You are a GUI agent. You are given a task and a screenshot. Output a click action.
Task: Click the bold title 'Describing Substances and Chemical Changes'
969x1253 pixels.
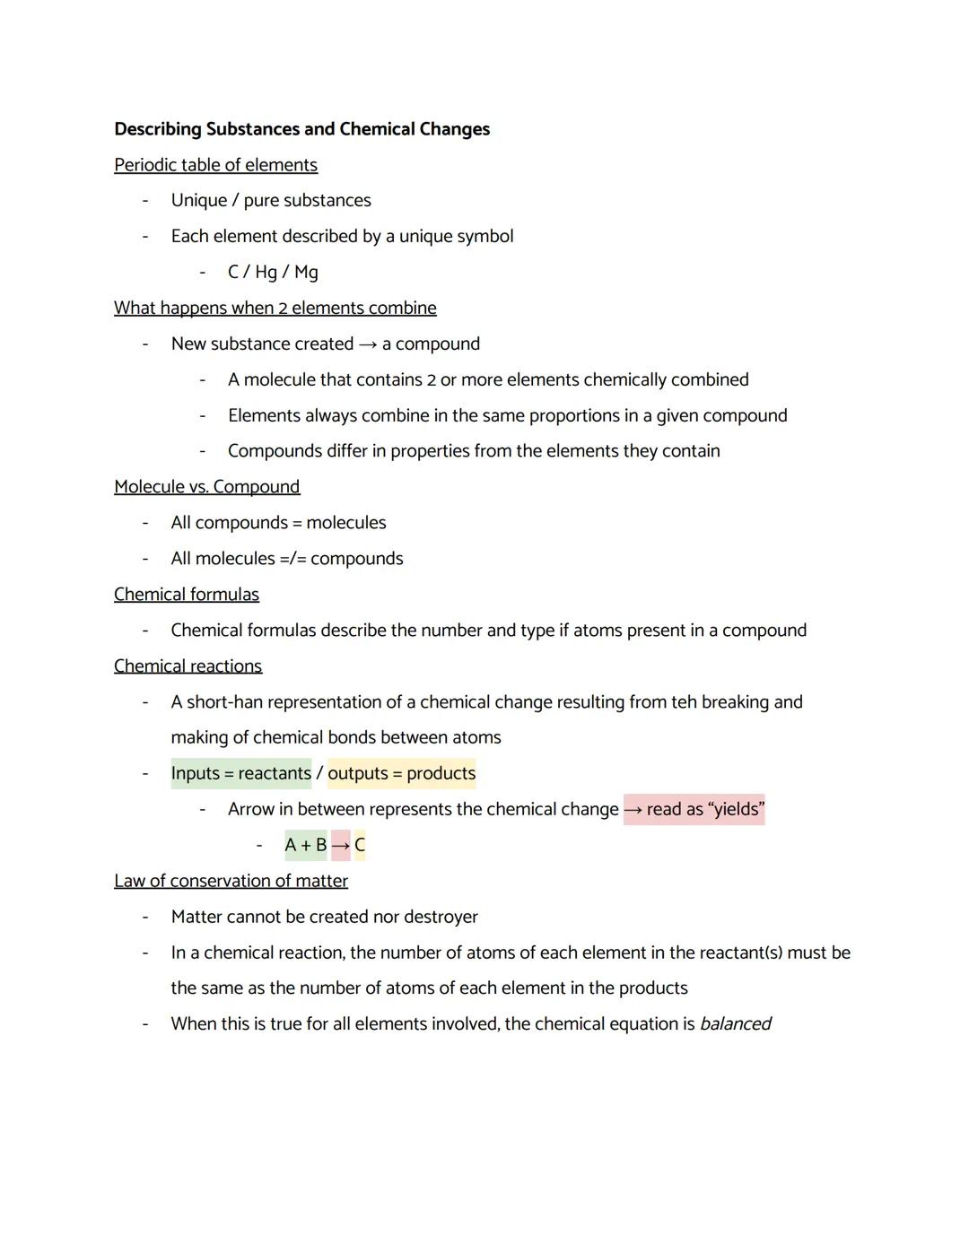[301, 129]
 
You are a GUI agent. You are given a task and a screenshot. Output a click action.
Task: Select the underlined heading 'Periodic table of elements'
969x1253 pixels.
[215, 165]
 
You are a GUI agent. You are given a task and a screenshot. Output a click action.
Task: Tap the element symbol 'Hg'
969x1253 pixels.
[266, 273]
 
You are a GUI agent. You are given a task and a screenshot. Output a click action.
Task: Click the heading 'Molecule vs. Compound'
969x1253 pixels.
[206, 487]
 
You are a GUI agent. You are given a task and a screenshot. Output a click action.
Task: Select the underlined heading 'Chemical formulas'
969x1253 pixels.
[186, 595]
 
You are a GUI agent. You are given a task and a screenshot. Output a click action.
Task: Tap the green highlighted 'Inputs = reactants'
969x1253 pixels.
[240, 773]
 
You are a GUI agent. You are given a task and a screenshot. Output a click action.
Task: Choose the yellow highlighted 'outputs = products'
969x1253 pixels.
[401, 773]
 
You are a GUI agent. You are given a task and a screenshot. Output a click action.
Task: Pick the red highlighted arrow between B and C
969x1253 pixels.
[340, 845]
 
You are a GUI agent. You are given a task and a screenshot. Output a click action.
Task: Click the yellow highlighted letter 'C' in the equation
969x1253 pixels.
[360, 845]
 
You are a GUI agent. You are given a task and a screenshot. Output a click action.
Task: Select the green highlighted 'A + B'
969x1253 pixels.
[305, 845]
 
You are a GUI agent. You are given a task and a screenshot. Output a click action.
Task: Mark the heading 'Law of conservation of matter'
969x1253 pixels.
[231, 881]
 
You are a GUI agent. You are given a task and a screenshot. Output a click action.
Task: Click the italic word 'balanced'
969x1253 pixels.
[735, 1024]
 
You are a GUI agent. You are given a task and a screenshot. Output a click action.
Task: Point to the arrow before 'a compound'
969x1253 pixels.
[368, 344]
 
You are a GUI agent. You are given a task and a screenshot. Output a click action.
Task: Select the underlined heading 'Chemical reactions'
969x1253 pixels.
[188, 666]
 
